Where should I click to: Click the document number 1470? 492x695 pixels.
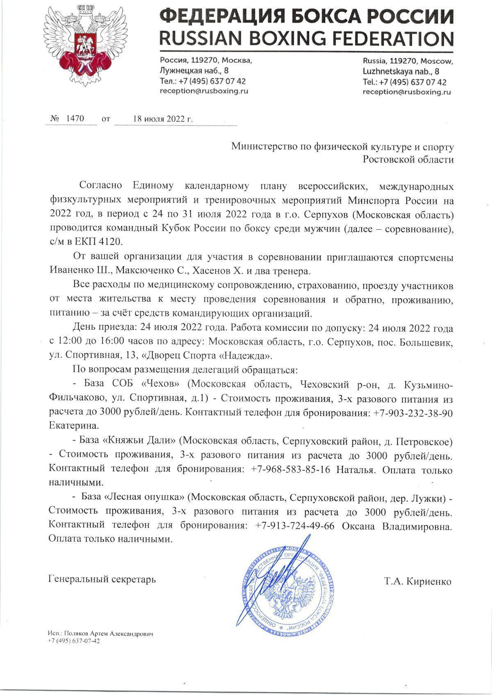coord(75,119)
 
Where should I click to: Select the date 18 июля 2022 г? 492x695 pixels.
coord(163,120)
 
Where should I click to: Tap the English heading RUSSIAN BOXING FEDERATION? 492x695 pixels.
coord(307,38)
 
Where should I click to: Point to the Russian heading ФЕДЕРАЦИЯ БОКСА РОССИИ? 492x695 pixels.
coord(307,16)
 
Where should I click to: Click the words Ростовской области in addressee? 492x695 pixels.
coord(408,160)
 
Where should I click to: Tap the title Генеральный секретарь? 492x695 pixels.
coord(102,580)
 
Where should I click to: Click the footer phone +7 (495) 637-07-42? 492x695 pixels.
coord(74,641)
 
